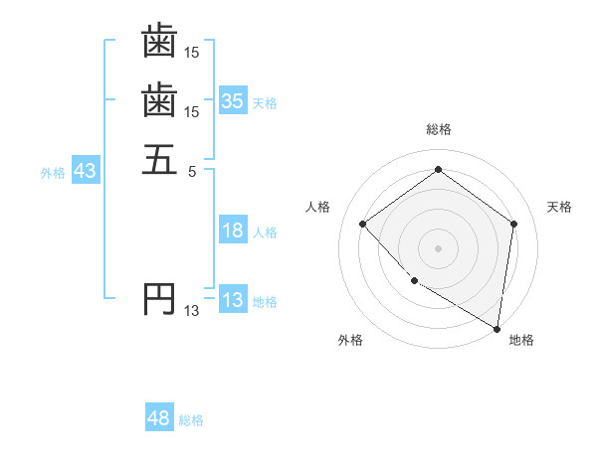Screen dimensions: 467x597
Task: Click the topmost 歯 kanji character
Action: [x=159, y=41]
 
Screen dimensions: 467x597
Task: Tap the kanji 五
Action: [x=159, y=158]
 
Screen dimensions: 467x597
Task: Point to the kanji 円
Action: [x=159, y=298]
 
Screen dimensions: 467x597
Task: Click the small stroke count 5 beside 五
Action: [x=192, y=170]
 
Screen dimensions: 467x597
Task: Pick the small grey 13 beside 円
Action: [x=191, y=311]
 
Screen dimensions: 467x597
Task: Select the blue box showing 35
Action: [x=232, y=101]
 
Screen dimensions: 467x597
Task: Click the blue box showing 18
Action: [x=232, y=232]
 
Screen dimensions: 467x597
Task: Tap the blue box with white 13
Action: [x=232, y=300]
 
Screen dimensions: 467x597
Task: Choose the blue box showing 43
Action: [x=85, y=171]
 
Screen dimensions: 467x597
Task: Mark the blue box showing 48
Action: [x=158, y=419]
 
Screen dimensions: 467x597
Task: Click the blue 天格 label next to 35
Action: [x=265, y=103]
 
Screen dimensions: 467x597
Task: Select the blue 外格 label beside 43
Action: [x=53, y=173]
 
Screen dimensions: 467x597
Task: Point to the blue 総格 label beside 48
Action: [x=191, y=421]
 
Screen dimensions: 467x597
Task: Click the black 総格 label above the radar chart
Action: [x=438, y=129]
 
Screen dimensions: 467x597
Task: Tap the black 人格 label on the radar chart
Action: [x=318, y=207]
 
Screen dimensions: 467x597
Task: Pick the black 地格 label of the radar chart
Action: [x=521, y=341]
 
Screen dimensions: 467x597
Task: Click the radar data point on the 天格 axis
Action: [x=513, y=224]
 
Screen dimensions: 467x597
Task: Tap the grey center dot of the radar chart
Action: [x=438, y=247]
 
